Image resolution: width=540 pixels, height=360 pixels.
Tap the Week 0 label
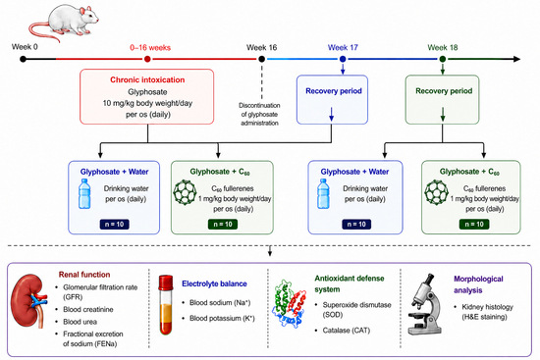25,47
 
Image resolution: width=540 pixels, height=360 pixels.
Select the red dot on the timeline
147,59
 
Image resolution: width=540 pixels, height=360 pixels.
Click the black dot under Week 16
262,59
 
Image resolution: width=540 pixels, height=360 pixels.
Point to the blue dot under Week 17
343,59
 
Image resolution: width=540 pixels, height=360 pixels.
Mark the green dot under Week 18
443,59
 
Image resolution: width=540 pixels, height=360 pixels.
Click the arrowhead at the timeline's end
516,59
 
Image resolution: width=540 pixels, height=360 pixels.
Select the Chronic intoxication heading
147,79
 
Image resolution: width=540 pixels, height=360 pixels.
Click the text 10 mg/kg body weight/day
147,103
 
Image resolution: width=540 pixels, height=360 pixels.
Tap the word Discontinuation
259,105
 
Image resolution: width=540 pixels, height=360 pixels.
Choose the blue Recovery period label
334,91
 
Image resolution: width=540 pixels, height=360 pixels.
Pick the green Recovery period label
444,91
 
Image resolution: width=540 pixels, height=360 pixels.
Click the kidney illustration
28,301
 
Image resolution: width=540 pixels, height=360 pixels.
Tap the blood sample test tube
166,305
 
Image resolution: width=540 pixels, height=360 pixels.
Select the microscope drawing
424,305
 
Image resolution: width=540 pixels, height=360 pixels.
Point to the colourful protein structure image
289,303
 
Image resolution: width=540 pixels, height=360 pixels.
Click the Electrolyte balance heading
214,283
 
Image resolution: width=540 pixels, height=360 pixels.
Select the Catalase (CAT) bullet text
347,331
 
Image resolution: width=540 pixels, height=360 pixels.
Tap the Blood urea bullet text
80,322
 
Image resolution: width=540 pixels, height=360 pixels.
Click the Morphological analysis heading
478,284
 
